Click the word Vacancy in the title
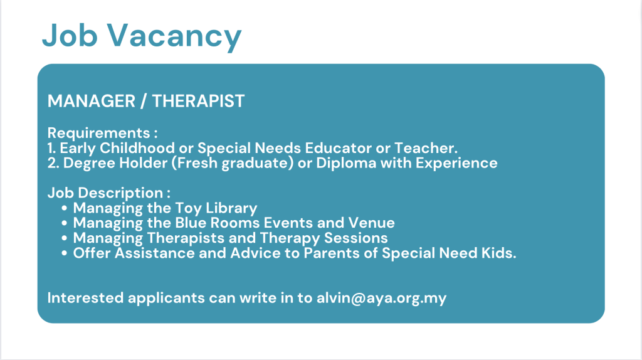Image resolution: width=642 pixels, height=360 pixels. pyautogui.click(x=174, y=36)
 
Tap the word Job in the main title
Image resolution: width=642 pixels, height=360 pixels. pyautogui.click(x=70, y=35)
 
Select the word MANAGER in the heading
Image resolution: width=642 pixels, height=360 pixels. pyautogui.click(x=92, y=101)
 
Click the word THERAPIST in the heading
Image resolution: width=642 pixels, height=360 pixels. pyautogui.click(x=199, y=101)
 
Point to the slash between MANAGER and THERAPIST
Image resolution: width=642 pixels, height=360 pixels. pyautogui.click(x=144, y=101)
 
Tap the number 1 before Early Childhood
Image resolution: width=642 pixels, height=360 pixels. pyautogui.click(x=51, y=148)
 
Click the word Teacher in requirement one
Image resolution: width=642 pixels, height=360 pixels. pyautogui.click(x=426, y=148)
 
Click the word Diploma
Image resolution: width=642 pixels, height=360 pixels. pyautogui.click(x=346, y=163)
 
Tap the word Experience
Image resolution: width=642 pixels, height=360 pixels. pyautogui.click(x=456, y=163)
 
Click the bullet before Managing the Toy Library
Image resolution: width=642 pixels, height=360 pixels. pyautogui.click(x=65, y=208)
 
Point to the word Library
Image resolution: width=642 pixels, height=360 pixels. pyautogui.click(x=231, y=208)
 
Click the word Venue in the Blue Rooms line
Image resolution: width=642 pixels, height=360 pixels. pyautogui.click(x=371, y=223)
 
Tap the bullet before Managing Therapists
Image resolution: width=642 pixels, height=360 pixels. pyautogui.click(x=65, y=238)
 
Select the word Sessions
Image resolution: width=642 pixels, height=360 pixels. pyautogui.click(x=356, y=238)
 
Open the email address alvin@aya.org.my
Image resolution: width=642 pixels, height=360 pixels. pyautogui.click(x=382, y=298)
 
